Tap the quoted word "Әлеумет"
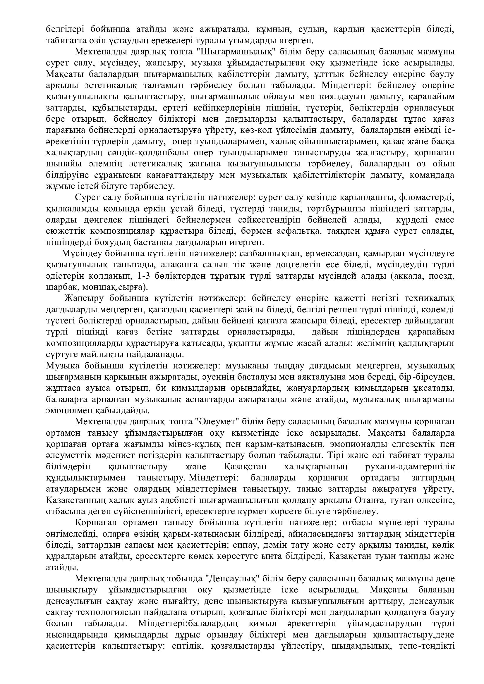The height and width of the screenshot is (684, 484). click(x=216, y=422)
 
